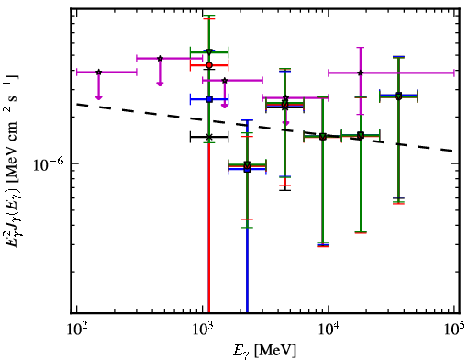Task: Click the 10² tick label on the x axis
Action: (x=76, y=330)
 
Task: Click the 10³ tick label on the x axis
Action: (x=203, y=330)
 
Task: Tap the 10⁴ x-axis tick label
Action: (x=329, y=330)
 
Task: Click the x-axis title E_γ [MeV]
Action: (x=264, y=351)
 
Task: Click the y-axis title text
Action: (x=11, y=161)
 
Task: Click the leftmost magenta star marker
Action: (x=98, y=73)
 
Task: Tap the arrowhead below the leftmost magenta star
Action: (x=98, y=97)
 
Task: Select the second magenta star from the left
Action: (x=160, y=58)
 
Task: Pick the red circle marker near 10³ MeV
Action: (x=209, y=65)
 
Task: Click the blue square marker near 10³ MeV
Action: (x=209, y=99)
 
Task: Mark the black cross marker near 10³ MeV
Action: (x=209, y=137)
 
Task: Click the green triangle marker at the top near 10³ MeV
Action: (x=209, y=51)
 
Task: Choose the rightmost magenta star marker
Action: (x=361, y=73)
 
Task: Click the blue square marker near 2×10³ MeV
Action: (x=247, y=169)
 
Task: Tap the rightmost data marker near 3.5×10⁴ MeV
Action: (x=398, y=96)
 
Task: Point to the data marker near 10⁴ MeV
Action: (x=323, y=137)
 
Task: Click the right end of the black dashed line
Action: (x=453, y=151)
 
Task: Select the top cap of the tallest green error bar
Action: (x=209, y=15)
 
